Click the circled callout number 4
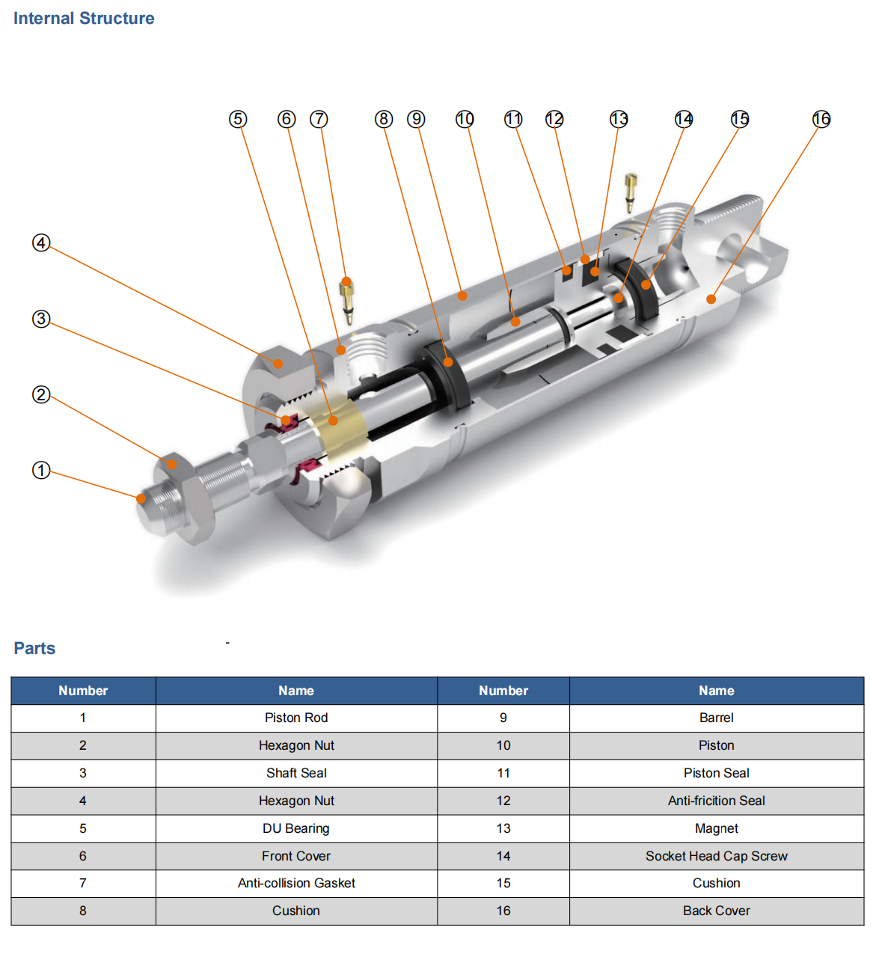[x=41, y=242]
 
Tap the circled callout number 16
[x=821, y=119]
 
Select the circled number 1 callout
[x=41, y=470]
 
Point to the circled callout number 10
[x=465, y=119]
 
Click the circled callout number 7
[x=319, y=119]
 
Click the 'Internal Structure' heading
[x=84, y=19]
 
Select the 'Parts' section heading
[x=34, y=648]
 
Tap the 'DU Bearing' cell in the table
[x=296, y=828]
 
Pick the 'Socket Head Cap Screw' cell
[x=716, y=856]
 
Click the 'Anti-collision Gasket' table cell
[x=296, y=883]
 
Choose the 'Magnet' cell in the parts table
[x=716, y=828]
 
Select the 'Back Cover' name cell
[x=716, y=911]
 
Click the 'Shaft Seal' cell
[x=296, y=773]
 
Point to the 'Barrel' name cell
[x=716, y=718]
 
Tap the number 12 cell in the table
[x=503, y=801]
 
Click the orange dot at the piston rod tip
[x=141, y=498]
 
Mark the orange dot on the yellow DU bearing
[x=333, y=421]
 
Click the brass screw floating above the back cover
[x=630, y=193]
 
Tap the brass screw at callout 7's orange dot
[x=347, y=302]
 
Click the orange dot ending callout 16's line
[x=711, y=299]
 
